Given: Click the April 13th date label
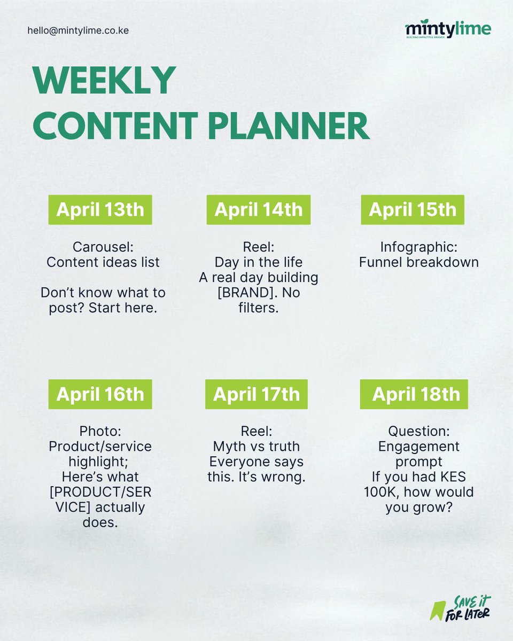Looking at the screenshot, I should (x=100, y=209).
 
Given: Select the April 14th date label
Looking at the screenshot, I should (x=259, y=209).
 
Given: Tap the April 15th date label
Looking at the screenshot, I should (x=413, y=209).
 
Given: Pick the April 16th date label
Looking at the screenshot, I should (x=100, y=394).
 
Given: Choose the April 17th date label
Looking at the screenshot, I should (x=256, y=394).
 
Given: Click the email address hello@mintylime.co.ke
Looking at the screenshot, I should (x=78, y=30).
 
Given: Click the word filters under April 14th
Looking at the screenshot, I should (x=259, y=308).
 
